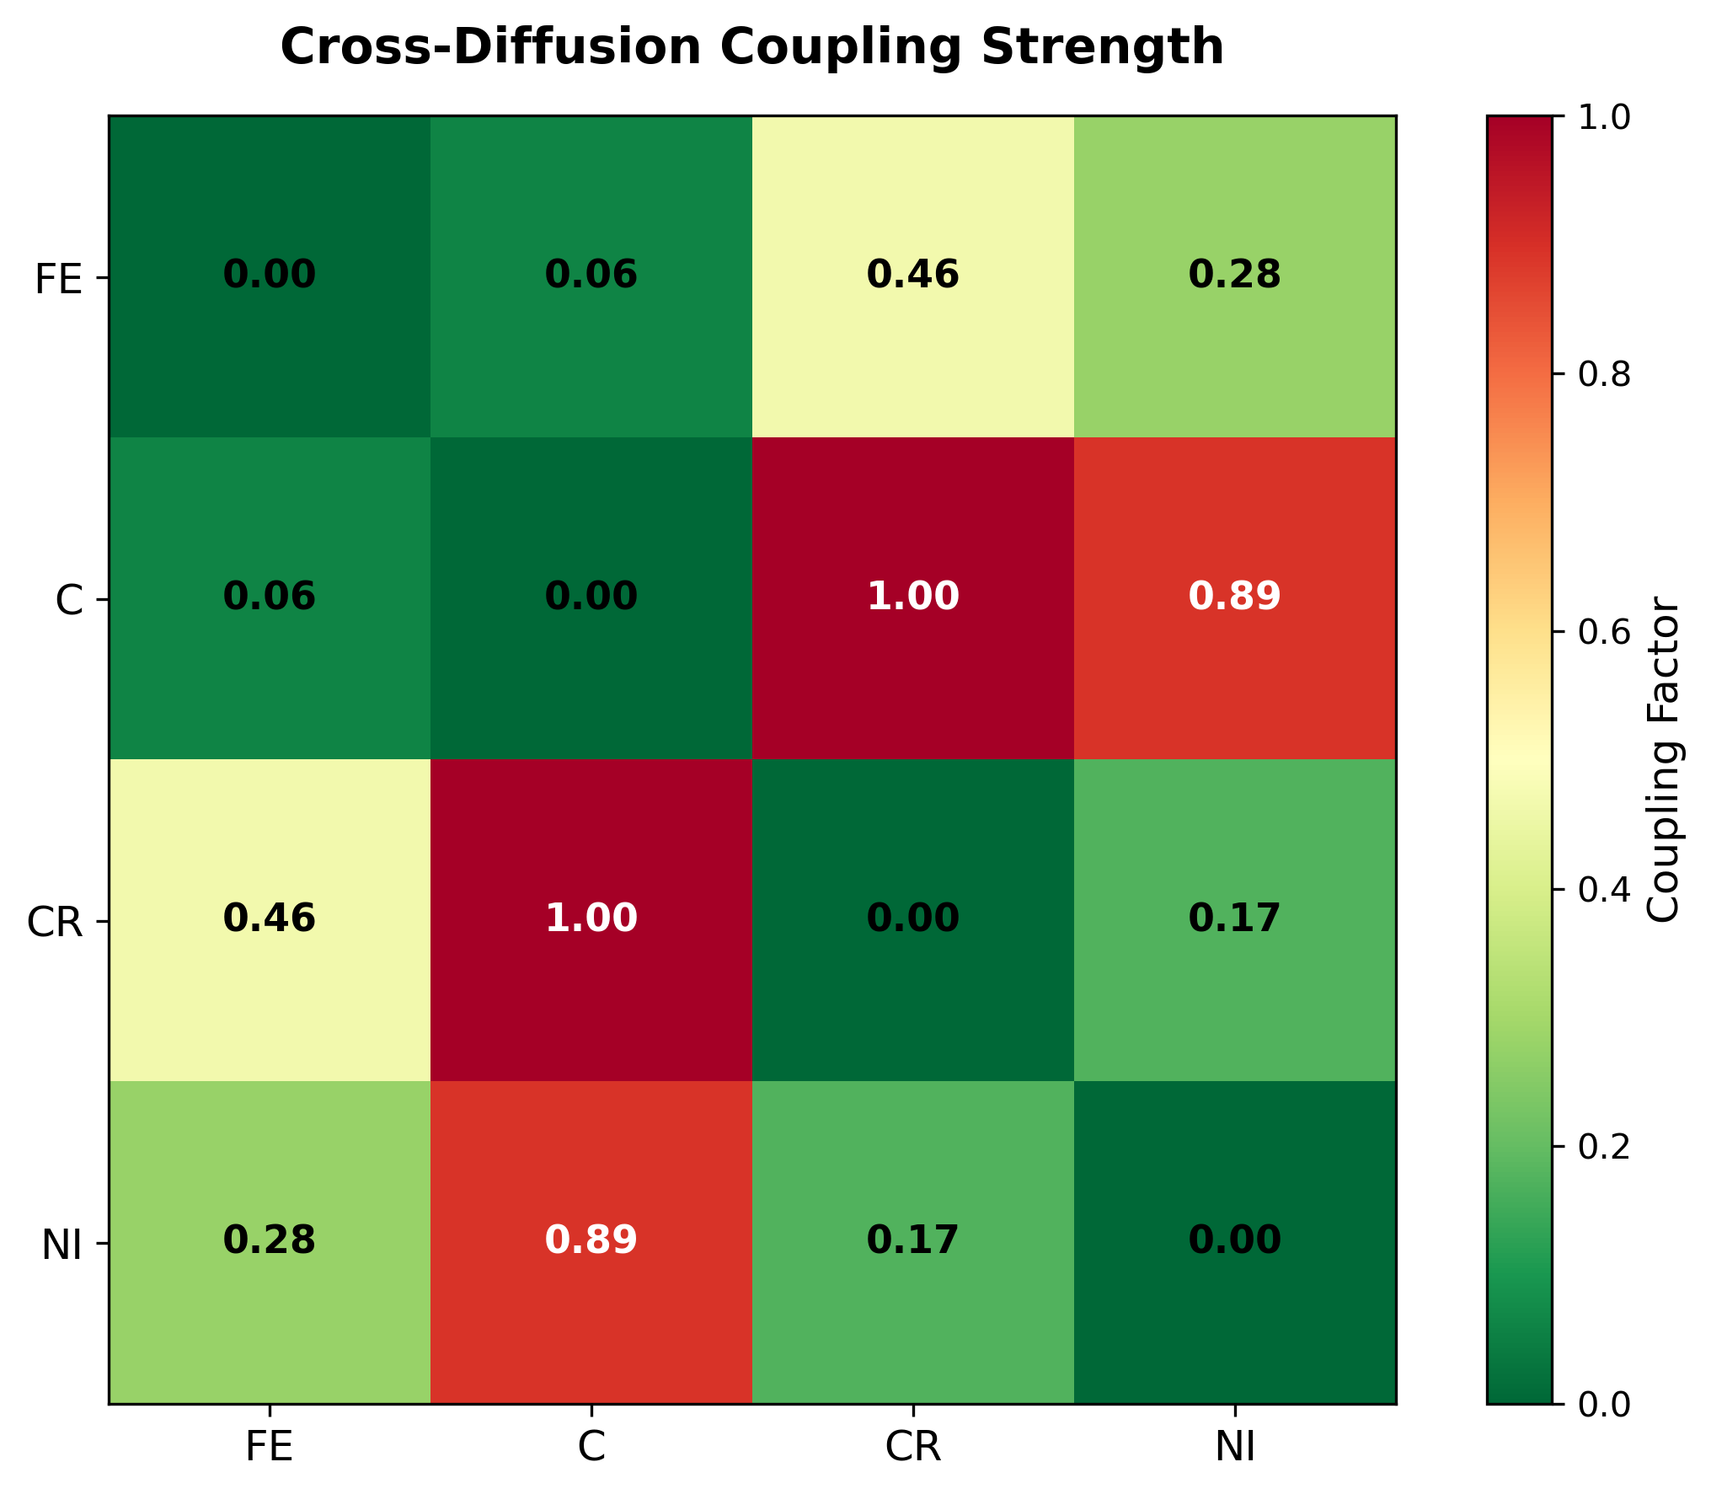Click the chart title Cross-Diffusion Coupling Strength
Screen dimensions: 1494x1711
click(x=751, y=47)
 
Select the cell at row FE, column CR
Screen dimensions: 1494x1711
click(x=912, y=276)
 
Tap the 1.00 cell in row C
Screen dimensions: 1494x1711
click(x=912, y=597)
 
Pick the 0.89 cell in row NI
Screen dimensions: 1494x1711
click(x=591, y=1240)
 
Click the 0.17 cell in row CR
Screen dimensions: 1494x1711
click(x=1234, y=918)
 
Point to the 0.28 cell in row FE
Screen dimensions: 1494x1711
click(x=1234, y=276)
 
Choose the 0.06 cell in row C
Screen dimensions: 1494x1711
click(x=270, y=597)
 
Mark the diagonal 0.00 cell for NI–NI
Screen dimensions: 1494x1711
click(x=1234, y=1240)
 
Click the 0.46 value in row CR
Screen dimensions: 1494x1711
click(x=270, y=918)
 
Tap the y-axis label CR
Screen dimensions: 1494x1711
click(x=56, y=923)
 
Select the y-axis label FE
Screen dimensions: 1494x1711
click(x=59, y=280)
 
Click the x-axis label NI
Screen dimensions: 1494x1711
click(x=1235, y=1448)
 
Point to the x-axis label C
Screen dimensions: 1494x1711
click(x=591, y=1448)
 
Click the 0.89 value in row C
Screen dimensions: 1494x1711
click(x=1234, y=597)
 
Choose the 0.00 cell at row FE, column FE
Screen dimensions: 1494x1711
click(x=270, y=276)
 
